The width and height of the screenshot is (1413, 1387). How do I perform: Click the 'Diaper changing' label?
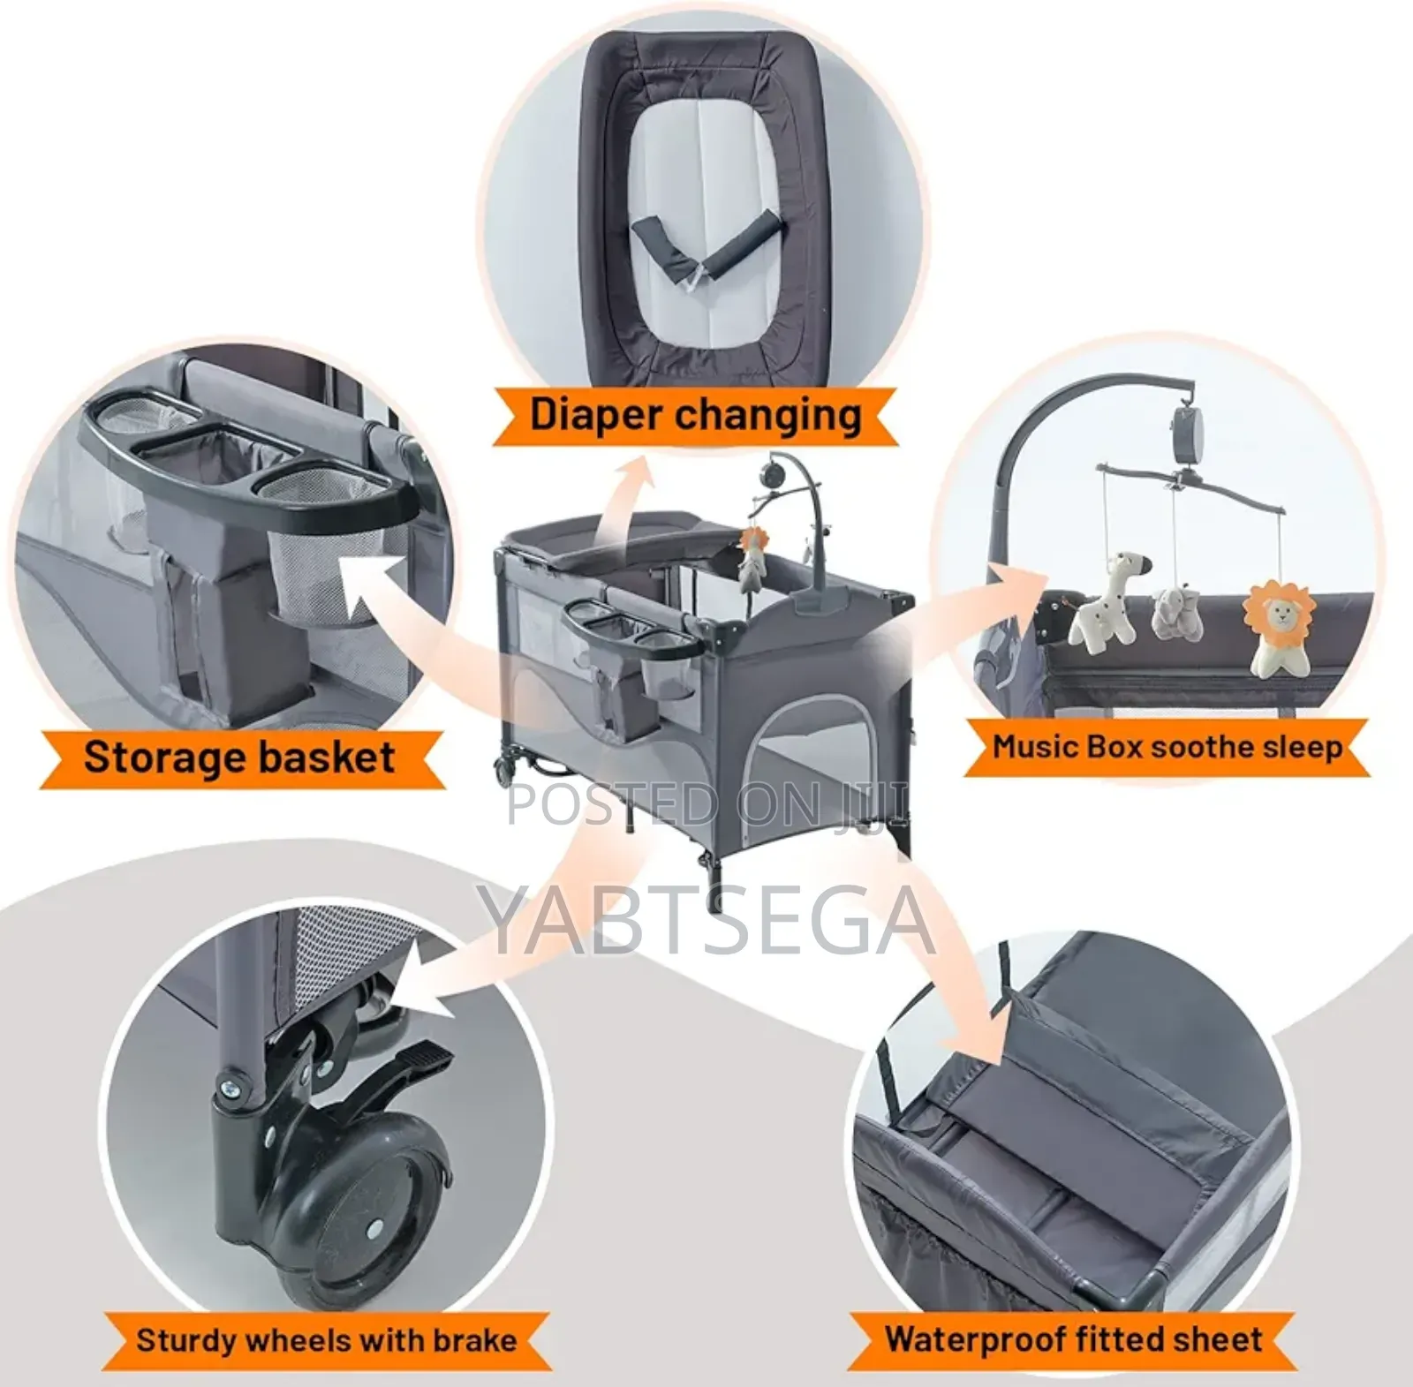pyautogui.click(x=695, y=415)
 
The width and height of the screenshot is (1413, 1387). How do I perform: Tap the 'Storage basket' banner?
pyautogui.click(x=239, y=758)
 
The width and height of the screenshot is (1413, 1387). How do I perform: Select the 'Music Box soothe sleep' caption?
pyautogui.click(x=1167, y=748)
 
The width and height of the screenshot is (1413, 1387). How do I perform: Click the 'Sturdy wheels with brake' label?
pyautogui.click(x=326, y=1340)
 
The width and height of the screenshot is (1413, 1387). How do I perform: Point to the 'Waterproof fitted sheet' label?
pyautogui.click(x=1073, y=1339)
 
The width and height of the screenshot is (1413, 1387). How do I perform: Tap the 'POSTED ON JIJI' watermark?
pyautogui.click(x=706, y=804)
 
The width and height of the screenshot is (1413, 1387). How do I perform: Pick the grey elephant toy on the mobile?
pyautogui.click(x=1176, y=613)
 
